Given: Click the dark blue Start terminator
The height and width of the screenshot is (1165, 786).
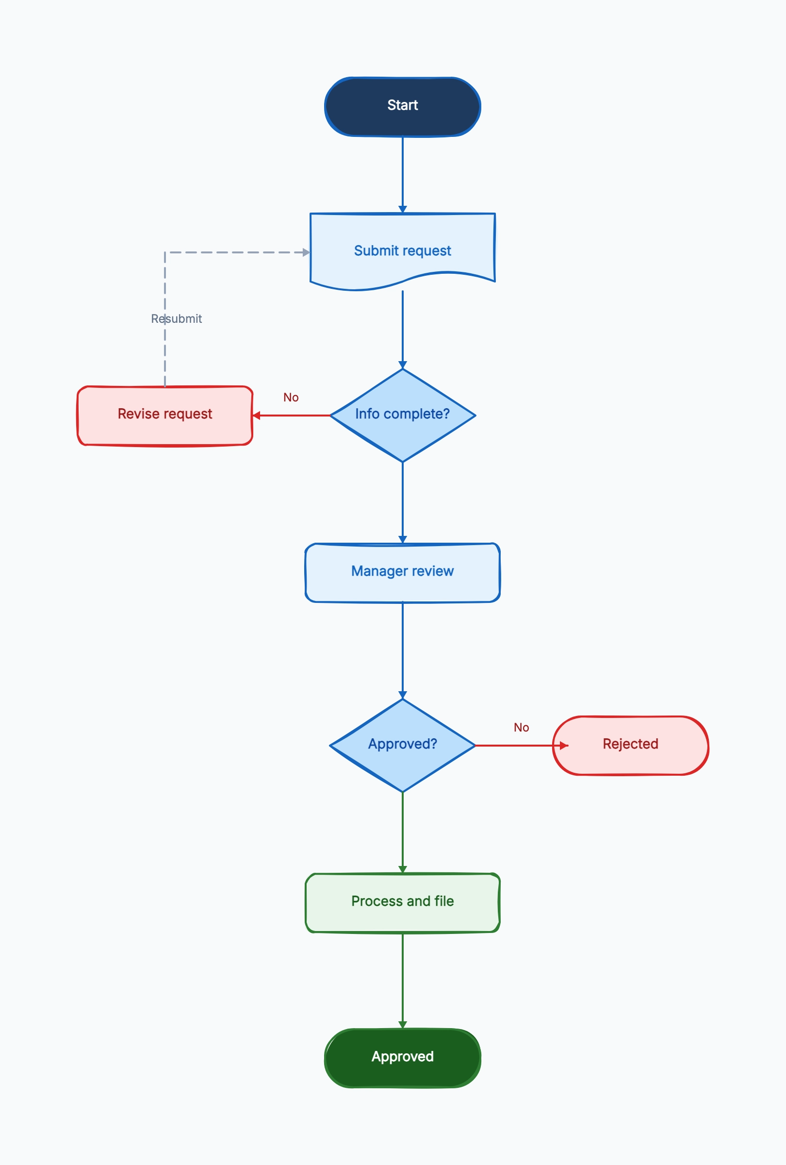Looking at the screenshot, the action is click(402, 106).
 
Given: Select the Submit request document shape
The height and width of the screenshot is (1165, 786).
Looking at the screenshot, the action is click(402, 250).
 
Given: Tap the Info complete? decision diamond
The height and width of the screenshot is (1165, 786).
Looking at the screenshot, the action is click(402, 415).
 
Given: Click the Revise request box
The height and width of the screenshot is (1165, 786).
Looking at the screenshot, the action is click(165, 415).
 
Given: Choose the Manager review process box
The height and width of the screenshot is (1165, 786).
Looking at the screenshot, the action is click(402, 572).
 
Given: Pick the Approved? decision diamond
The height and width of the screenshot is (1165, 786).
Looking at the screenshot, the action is click(402, 745).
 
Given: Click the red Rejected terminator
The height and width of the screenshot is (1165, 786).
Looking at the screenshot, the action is click(630, 745).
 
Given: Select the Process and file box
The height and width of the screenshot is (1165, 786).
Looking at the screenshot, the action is click(402, 902).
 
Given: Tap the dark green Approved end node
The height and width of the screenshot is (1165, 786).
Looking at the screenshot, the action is click(402, 1058).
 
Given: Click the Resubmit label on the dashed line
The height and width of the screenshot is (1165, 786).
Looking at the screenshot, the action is click(176, 319).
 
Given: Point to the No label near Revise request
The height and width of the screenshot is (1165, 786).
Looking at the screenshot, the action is click(291, 398).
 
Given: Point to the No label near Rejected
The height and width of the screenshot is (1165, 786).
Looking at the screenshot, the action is click(522, 727).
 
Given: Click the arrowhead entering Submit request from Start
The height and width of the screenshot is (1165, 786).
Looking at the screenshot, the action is click(402, 209).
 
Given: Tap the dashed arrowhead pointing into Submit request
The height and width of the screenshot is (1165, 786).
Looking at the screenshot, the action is click(306, 252).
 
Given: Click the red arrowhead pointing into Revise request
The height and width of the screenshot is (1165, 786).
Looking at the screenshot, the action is click(257, 415).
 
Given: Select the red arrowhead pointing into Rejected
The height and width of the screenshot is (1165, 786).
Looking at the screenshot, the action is click(564, 746).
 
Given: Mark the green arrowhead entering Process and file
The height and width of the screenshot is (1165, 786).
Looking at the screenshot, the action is click(402, 869).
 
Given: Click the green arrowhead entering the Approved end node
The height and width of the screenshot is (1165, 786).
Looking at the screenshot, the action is click(402, 1025).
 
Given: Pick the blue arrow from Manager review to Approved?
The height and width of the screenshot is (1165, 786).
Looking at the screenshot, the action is click(402, 650).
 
